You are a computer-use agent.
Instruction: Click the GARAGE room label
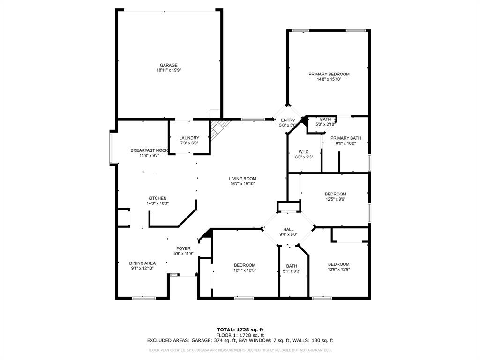(168, 65)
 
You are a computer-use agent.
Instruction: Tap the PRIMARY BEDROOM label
(329, 74)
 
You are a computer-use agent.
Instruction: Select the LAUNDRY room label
(189, 138)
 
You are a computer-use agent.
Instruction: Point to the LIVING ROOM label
(242, 179)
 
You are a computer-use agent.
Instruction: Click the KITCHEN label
(157, 198)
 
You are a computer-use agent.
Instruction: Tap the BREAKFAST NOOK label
(149, 150)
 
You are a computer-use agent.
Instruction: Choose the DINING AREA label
(142, 263)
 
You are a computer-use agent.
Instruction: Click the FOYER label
(183, 248)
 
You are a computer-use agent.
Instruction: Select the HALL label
(288, 229)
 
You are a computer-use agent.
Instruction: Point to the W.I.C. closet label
(304, 152)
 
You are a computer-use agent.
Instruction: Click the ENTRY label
(288, 120)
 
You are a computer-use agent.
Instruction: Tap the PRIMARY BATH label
(345, 138)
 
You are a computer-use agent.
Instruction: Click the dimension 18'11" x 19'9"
(168, 70)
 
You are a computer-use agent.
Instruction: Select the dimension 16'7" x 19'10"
(242, 184)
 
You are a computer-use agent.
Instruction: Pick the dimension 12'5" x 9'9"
(336, 199)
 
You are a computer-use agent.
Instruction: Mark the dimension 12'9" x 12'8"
(338, 270)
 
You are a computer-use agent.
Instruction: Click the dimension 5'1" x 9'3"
(292, 271)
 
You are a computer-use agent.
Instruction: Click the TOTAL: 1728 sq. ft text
(240, 330)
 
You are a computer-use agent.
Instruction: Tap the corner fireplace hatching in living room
(219, 129)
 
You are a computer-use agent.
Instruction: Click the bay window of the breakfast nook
(111, 148)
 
